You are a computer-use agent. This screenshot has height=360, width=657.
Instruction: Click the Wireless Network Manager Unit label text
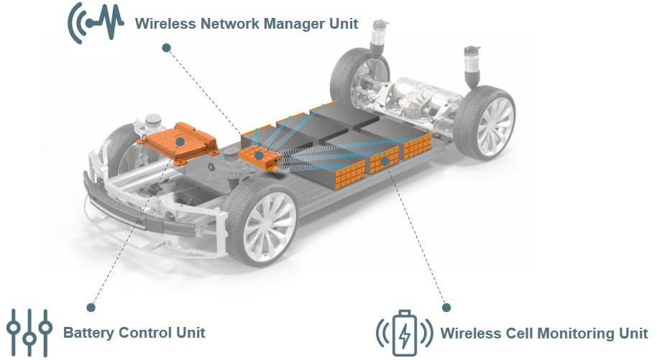point(247,24)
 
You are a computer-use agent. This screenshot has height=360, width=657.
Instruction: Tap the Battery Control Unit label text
point(134,333)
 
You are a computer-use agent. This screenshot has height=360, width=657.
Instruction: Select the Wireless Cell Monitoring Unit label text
point(544,333)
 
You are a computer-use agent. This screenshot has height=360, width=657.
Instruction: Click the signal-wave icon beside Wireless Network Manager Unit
point(96,23)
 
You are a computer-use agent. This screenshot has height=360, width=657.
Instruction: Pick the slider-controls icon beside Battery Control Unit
point(29,333)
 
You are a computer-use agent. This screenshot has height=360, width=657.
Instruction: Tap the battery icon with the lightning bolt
point(405,333)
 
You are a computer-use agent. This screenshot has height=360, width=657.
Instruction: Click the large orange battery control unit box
point(178,142)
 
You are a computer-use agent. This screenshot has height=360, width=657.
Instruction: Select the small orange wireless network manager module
point(259,158)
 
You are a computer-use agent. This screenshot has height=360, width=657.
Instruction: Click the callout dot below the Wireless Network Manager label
point(166,47)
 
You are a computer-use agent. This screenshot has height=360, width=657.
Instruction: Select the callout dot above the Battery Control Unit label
point(91,308)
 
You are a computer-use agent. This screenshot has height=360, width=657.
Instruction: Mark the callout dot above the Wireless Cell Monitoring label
point(446,308)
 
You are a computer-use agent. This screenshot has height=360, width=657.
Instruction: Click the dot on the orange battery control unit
point(180,142)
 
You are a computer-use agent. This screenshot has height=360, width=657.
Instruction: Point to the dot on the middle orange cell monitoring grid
point(385,160)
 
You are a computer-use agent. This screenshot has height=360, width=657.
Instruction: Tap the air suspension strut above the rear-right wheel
point(472,67)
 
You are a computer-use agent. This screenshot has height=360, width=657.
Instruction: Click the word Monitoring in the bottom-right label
point(576,334)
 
